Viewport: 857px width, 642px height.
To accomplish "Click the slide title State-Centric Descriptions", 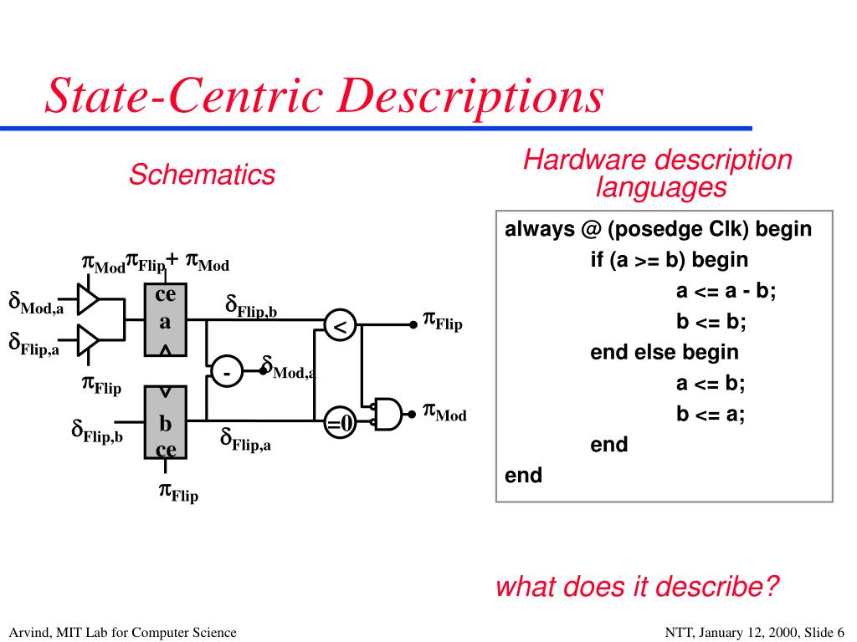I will click(x=324, y=96).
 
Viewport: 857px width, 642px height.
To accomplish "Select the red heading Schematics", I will click(x=202, y=175).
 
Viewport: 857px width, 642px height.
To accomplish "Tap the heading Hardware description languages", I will click(x=657, y=173).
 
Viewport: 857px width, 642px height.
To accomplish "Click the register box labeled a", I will click(x=166, y=320).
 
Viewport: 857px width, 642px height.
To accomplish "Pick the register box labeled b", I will click(x=166, y=424).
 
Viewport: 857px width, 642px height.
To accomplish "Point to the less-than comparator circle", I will click(x=340, y=327).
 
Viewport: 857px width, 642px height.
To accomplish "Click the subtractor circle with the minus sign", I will click(x=226, y=373).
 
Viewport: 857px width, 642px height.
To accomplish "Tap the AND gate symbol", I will click(x=387, y=413).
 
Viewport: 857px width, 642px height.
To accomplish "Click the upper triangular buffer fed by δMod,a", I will click(x=88, y=297).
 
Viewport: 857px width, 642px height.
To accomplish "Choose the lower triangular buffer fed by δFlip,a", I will click(x=88, y=338).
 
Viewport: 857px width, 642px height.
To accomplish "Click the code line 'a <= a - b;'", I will click(x=726, y=290).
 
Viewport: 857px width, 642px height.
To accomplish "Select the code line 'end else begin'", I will click(x=665, y=352).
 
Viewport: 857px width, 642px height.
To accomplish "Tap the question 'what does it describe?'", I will click(x=638, y=587).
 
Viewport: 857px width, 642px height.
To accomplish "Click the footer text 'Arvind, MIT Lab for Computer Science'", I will click(x=124, y=632).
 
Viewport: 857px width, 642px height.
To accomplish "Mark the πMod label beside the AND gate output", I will click(x=444, y=412).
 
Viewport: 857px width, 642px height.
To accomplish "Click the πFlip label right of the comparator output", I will click(x=442, y=321).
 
